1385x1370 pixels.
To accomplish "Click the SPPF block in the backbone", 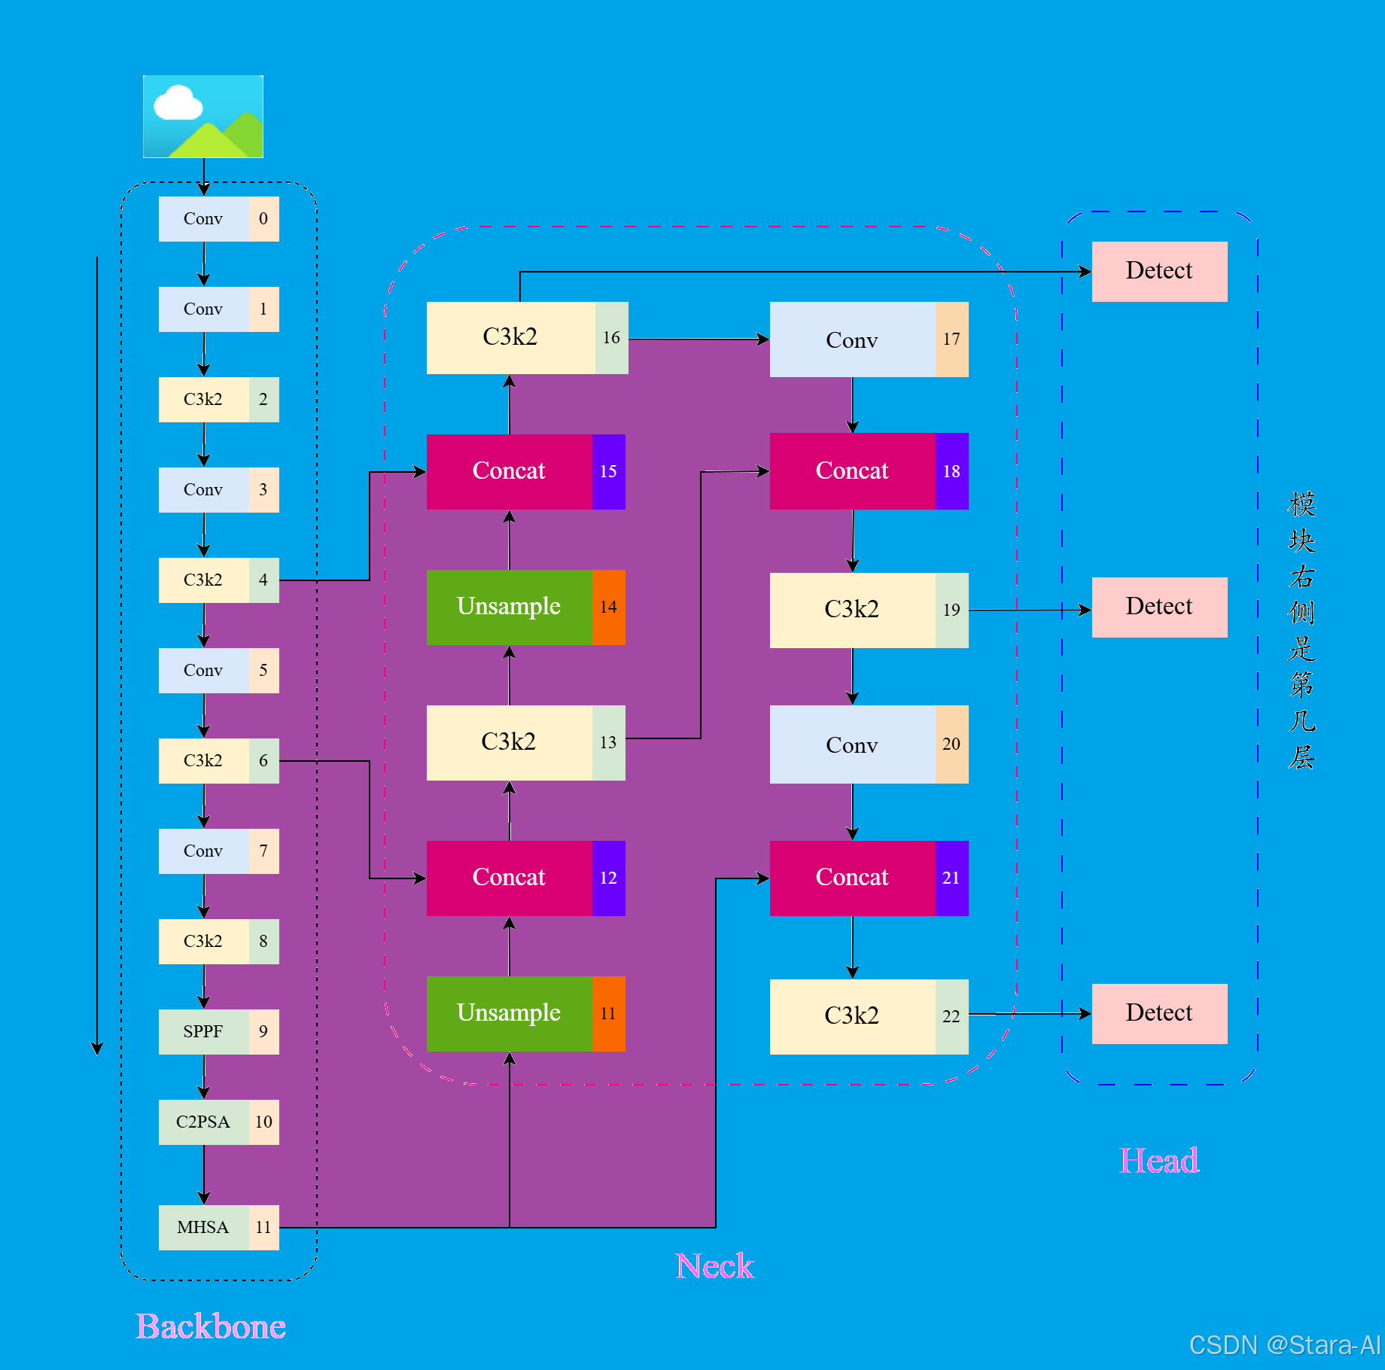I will click(204, 1031).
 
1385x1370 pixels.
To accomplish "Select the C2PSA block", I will click(204, 1122).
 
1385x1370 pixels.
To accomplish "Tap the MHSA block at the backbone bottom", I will click(204, 1227).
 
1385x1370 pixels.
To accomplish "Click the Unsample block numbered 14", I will click(510, 607).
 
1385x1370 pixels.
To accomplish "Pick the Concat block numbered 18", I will click(853, 471).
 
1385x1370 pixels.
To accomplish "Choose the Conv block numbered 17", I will click(853, 339).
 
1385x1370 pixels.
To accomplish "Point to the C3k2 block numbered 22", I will click(853, 1016).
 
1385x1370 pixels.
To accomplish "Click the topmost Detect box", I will click(1159, 271).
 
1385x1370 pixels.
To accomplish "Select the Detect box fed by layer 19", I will click(1159, 607).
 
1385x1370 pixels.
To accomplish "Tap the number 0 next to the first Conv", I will click(263, 219).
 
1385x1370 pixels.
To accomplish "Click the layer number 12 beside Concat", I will click(608, 878).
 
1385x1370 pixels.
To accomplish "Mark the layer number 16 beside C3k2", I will click(611, 338).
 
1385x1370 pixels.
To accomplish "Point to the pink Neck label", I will click(714, 1266).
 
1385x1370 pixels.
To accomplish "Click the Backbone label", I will click(211, 1326).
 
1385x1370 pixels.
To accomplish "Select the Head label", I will click(1159, 1161).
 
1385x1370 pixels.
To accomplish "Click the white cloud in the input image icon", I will click(178, 104).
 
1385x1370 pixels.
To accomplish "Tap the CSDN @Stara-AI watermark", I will click(1284, 1344).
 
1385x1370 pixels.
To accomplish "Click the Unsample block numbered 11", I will click(510, 1013).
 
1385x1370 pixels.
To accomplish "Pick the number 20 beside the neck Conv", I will click(951, 744).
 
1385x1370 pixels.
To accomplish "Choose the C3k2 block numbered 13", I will click(510, 742).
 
